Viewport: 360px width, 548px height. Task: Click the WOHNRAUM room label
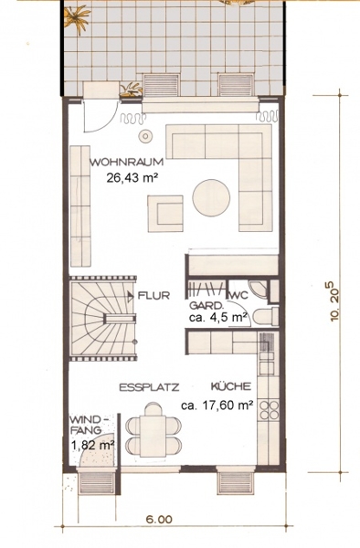(x=126, y=163)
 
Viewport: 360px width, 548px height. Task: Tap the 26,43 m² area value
(x=131, y=178)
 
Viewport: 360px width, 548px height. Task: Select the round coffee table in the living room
(x=211, y=198)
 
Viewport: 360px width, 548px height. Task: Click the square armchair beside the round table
(x=165, y=214)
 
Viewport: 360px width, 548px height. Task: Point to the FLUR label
(x=154, y=296)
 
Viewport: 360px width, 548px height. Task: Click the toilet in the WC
(x=265, y=317)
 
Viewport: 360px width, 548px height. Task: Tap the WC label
(x=238, y=296)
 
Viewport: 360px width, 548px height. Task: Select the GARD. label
(x=206, y=305)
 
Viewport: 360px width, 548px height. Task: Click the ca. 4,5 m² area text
(x=218, y=318)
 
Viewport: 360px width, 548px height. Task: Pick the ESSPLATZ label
(x=149, y=387)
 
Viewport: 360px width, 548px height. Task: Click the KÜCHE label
(x=231, y=386)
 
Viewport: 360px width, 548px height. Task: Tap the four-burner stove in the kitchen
(x=269, y=409)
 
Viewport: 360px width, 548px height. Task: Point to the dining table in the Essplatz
(x=154, y=436)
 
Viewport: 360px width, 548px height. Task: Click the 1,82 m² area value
(x=93, y=446)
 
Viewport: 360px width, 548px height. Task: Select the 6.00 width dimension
(x=159, y=520)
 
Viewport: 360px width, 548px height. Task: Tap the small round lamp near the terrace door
(x=145, y=136)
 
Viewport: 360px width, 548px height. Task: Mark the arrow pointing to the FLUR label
(x=131, y=296)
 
